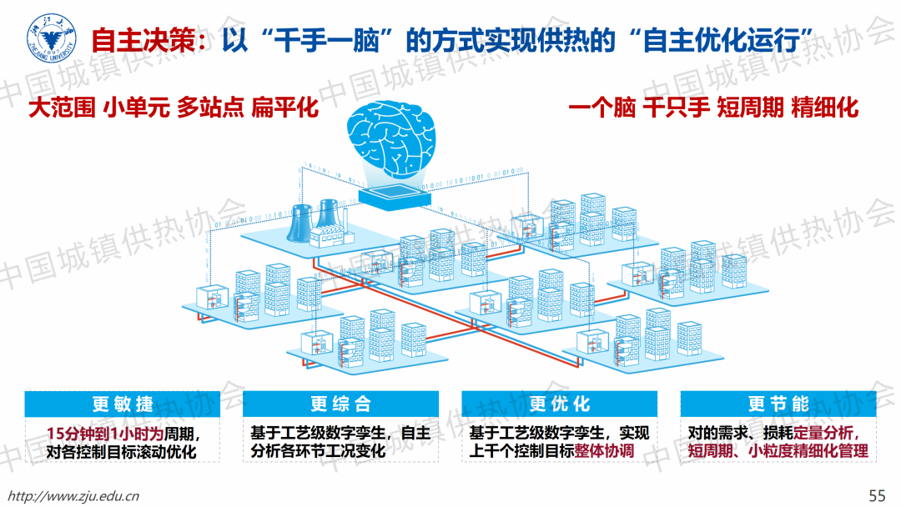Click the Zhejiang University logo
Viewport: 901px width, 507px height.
[52, 38]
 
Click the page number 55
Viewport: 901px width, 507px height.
[877, 495]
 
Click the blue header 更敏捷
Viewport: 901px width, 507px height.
[123, 404]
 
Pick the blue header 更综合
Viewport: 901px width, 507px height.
[341, 404]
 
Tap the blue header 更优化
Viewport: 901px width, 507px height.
[560, 404]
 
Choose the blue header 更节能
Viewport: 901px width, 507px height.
[778, 404]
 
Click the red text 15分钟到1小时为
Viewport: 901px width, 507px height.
[103, 434]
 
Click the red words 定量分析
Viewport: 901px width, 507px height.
[824, 434]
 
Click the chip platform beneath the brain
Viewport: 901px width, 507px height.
[390, 197]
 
